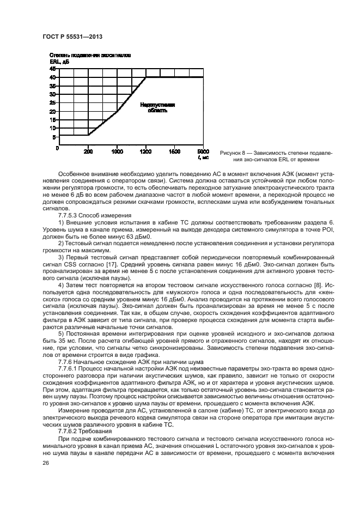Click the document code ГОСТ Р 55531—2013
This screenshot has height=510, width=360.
tap(72, 36)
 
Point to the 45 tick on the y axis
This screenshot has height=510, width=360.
tap(53, 69)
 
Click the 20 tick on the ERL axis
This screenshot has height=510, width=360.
tap(53, 112)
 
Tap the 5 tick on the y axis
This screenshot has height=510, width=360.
tap(54, 137)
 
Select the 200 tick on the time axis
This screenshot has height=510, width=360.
tap(88, 151)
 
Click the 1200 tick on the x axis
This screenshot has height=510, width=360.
tap(146, 151)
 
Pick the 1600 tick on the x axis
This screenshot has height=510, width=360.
tap(174, 151)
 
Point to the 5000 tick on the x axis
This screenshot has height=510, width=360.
tap(203, 151)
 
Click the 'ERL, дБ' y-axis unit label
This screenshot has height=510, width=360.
tap(59, 62)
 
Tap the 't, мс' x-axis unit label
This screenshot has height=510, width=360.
tap(203, 157)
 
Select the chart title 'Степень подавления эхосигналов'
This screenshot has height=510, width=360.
tap(90, 56)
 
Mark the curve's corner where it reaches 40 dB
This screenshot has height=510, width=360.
tap(146, 78)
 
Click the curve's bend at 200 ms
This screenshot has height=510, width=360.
tap(88, 135)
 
